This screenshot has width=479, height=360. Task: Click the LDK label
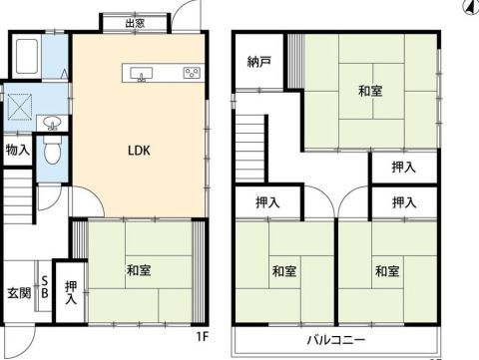[139, 151]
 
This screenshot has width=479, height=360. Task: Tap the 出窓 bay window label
[135, 23]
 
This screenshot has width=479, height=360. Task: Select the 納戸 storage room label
[259, 62]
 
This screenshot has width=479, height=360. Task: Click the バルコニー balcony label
[336, 340]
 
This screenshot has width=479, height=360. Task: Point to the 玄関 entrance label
[19, 293]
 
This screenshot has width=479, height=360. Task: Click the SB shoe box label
[45, 287]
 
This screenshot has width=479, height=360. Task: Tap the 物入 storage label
[18, 151]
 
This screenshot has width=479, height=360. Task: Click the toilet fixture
[53, 150]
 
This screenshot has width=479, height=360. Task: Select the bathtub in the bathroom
[27, 57]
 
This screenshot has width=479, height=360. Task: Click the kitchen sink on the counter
[142, 73]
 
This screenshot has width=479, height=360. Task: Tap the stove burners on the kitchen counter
[192, 73]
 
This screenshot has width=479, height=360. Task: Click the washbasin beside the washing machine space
[53, 122]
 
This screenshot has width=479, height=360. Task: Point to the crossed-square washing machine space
[20, 107]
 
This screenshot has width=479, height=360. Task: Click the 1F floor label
[202, 337]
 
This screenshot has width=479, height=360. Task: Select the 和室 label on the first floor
[139, 270]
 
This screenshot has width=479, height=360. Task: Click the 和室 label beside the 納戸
[370, 91]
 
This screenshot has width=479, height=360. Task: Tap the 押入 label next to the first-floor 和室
[71, 292]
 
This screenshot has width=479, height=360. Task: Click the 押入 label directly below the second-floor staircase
[267, 202]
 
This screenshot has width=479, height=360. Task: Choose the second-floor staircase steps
[250, 149]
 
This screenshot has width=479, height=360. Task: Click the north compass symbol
[471, 7]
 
